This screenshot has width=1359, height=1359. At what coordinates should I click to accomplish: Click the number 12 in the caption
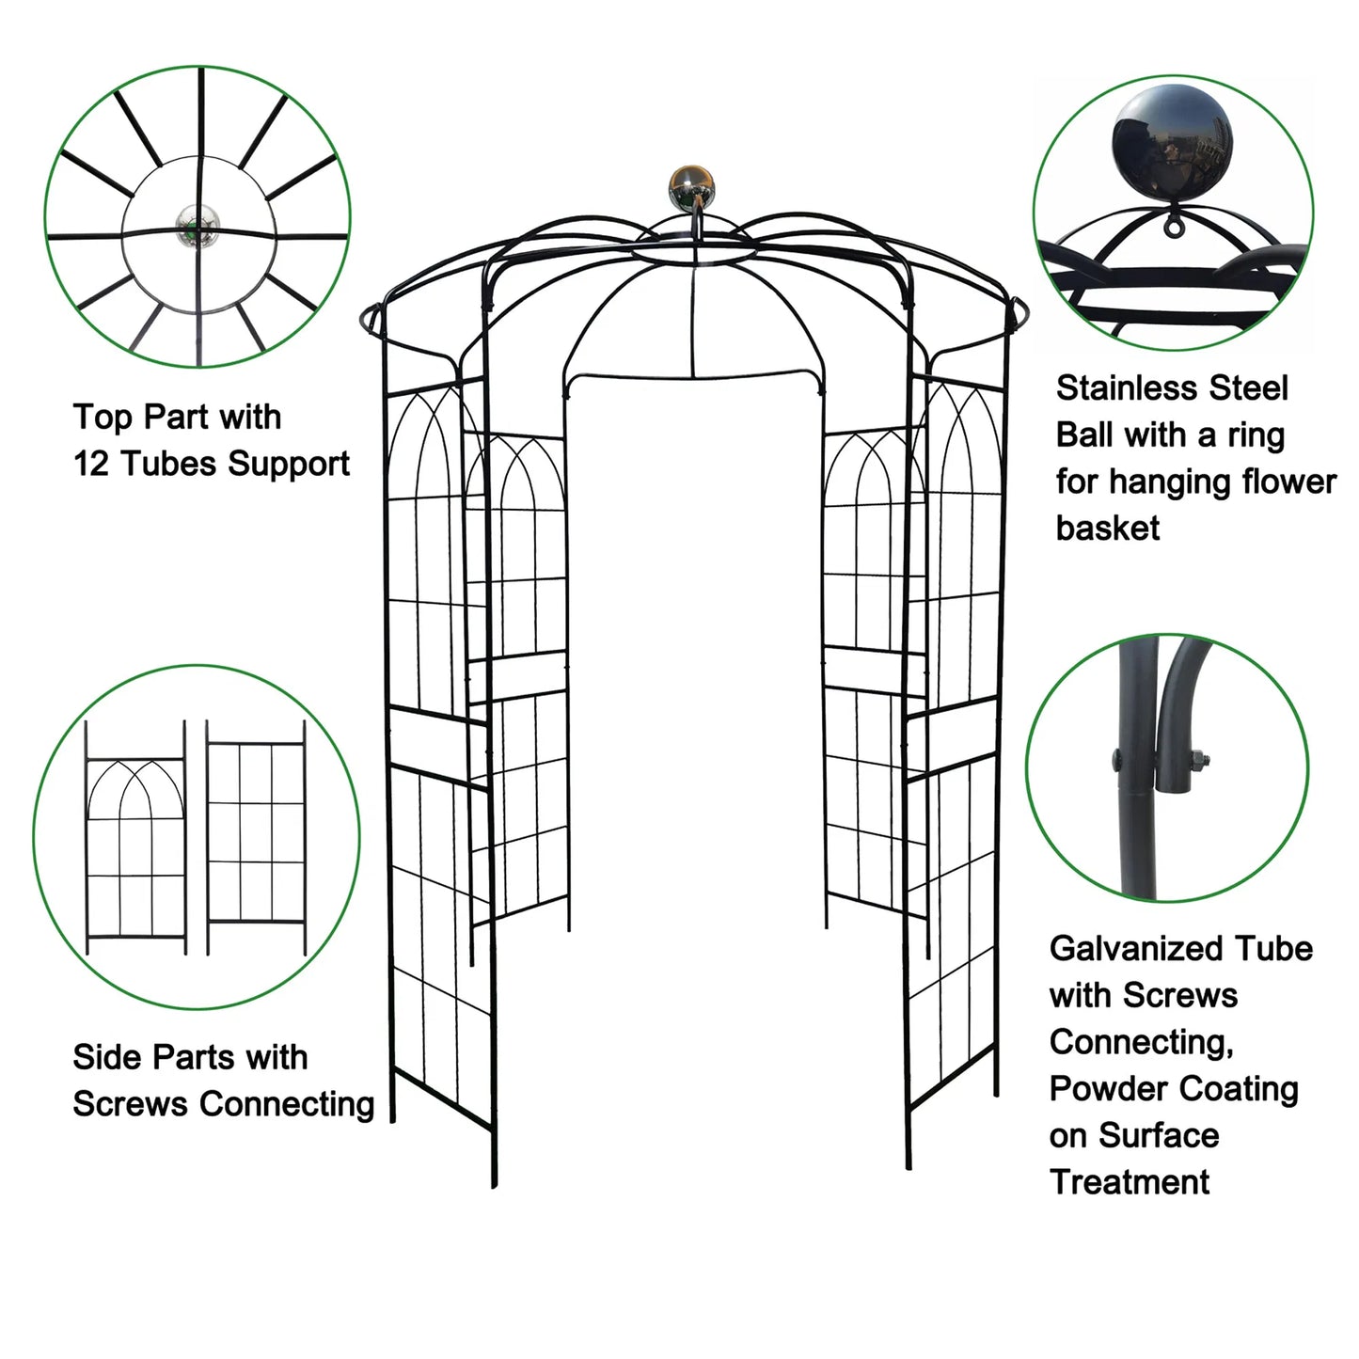[91, 464]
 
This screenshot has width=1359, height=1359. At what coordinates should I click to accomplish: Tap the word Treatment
[1130, 1181]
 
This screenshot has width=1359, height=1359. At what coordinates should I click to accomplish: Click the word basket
[1107, 528]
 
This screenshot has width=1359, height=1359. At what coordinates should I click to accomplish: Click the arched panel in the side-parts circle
[134, 837]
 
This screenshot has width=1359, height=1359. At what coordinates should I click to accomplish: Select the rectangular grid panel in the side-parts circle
[256, 837]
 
